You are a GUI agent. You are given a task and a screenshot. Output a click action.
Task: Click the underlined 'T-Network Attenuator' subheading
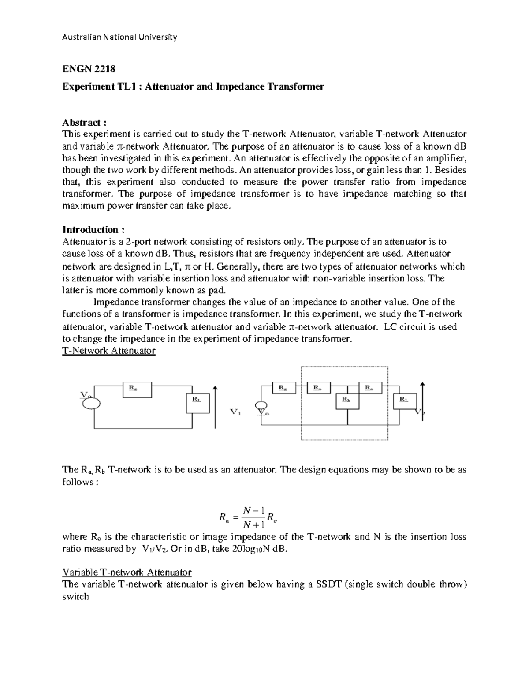click(109, 351)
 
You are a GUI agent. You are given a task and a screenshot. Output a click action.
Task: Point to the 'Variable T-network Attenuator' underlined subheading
click(127, 573)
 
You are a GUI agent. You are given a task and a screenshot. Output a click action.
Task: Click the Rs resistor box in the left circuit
click(137, 389)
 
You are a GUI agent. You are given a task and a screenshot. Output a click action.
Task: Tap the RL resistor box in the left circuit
click(197, 403)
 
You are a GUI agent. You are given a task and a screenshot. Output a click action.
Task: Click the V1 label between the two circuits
click(236, 412)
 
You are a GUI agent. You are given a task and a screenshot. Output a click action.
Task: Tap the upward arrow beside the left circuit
click(215, 406)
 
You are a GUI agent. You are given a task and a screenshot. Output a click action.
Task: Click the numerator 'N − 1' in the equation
click(253, 510)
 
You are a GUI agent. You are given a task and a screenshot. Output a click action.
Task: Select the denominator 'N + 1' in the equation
click(253, 524)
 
